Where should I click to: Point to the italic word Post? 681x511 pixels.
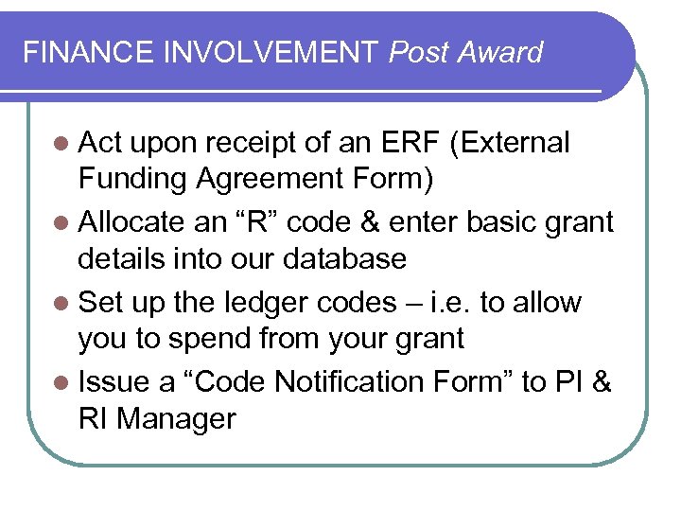coord(420,52)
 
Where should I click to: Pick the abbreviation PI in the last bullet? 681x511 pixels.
coord(568,382)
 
